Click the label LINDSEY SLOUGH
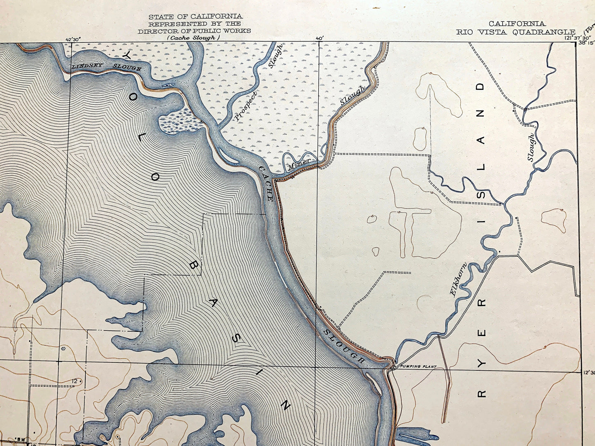(x=106, y=67)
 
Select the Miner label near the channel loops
(x=299, y=163)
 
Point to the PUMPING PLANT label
(x=415, y=367)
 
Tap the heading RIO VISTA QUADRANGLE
(x=515, y=32)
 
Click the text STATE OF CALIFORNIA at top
(x=195, y=16)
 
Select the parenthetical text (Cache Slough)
(x=194, y=37)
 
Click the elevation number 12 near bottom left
(x=74, y=381)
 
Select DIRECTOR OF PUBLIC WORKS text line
(x=194, y=30)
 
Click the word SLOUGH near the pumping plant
(x=344, y=346)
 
